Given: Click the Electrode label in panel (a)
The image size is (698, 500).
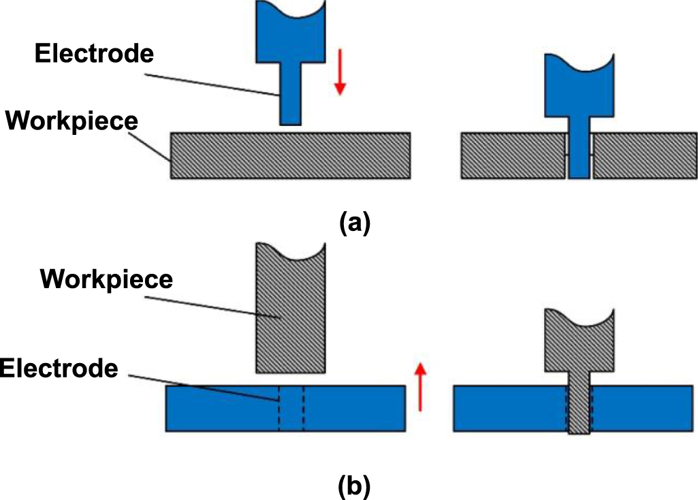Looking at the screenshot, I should pyautogui.click(x=95, y=54).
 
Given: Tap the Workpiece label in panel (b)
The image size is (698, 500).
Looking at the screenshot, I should pyautogui.click(x=107, y=279).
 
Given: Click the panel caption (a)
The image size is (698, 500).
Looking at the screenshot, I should pyautogui.click(x=354, y=223).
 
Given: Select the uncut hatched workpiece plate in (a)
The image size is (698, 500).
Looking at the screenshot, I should pyautogui.click(x=290, y=155).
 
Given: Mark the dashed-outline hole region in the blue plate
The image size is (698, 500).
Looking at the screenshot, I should pyautogui.click(x=291, y=408).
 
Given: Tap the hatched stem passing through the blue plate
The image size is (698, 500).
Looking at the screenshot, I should pyautogui.click(x=579, y=409).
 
